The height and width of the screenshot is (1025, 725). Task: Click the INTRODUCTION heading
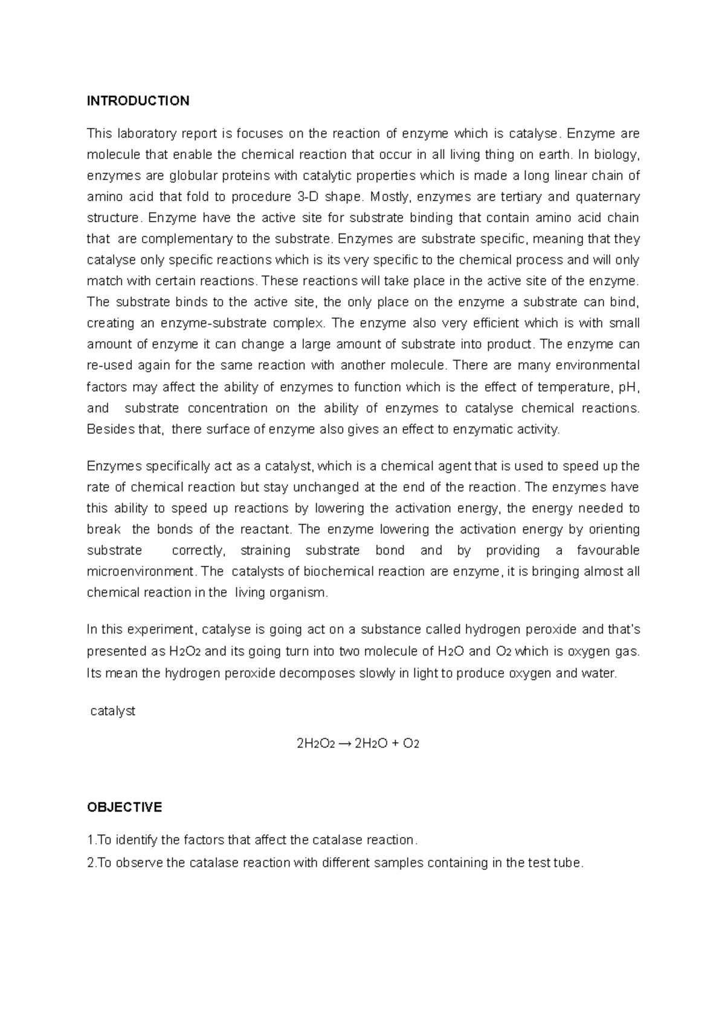coord(138,101)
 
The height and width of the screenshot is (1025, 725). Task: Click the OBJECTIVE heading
coord(124,808)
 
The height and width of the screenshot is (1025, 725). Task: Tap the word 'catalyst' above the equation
coord(112,712)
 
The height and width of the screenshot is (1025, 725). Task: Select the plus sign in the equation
coord(395,744)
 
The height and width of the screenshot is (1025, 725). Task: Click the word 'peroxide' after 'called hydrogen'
coord(553,629)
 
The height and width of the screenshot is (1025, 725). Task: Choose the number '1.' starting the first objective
coord(91,841)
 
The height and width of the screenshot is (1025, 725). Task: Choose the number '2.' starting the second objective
coord(91,863)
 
